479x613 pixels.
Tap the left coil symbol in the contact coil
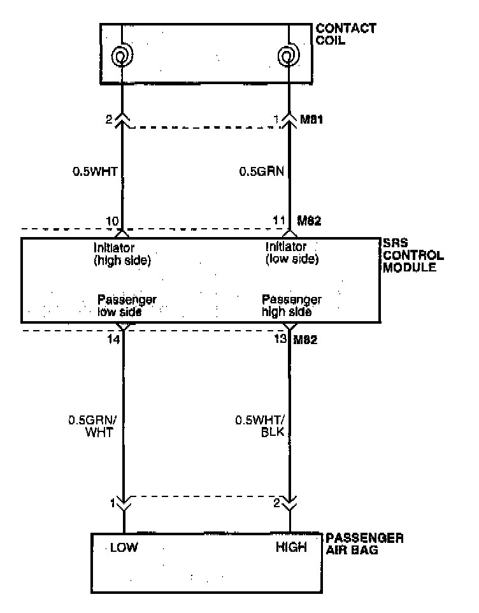point(122,57)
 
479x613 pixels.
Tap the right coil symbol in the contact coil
point(290,57)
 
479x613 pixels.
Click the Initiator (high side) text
point(122,254)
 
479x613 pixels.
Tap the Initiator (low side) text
point(291,254)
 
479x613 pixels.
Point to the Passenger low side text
point(127,306)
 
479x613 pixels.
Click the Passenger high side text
point(291,306)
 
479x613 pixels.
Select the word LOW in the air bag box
point(124,547)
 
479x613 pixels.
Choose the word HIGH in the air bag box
point(290,547)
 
